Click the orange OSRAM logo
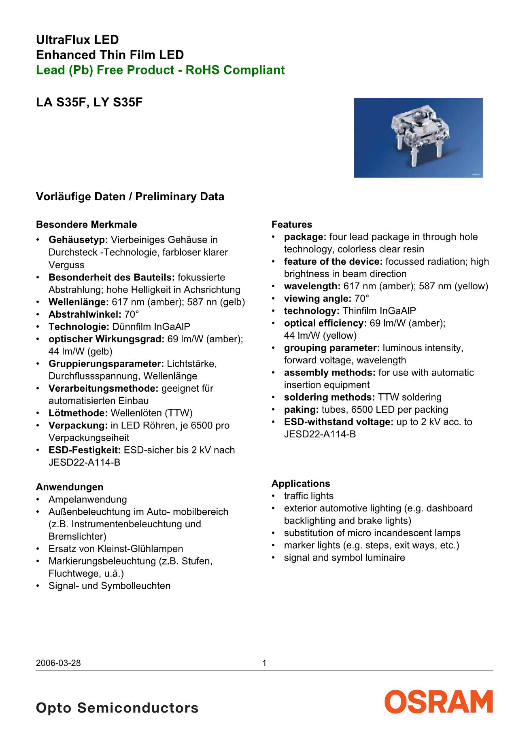(x=438, y=702)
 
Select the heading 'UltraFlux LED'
(x=77, y=40)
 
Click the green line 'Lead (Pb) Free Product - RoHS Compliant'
(x=160, y=70)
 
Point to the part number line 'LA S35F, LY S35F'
(x=89, y=103)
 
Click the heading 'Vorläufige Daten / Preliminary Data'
(x=130, y=197)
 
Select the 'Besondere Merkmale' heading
(x=86, y=225)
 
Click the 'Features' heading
(x=291, y=225)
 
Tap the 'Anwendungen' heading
(x=69, y=487)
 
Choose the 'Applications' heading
(x=300, y=484)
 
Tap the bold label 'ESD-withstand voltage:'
(x=338, y=422)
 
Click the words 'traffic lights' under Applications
(x=308, y=496)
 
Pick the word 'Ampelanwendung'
(x=87, y=499)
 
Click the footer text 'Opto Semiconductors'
(x=117, y=708)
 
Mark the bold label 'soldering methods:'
(x=329, y=397)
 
